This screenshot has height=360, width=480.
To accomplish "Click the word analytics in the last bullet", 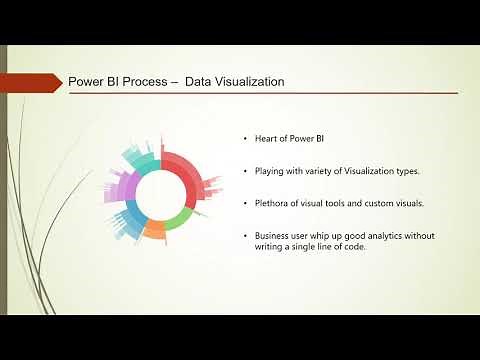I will point(385,237).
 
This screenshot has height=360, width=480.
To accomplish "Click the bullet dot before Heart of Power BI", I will point(244,138).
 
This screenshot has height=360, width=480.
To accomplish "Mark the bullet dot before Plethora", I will point(244,204).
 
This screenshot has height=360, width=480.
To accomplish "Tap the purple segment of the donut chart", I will point(127,187).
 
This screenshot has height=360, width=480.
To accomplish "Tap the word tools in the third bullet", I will point(325,204).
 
